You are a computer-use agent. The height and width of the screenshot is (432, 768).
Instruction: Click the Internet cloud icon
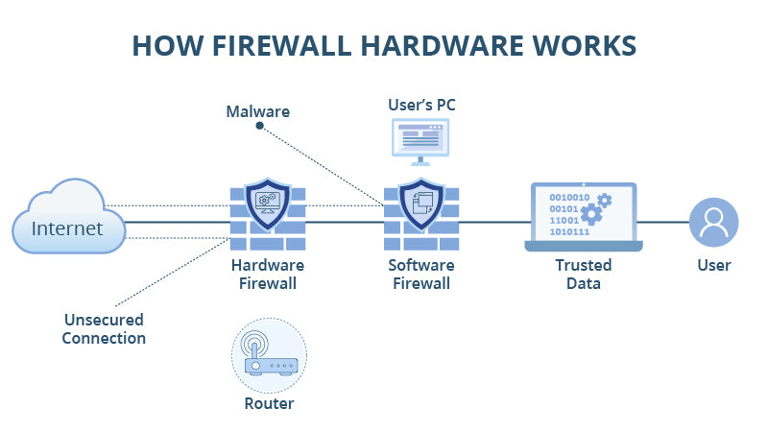(69, 221)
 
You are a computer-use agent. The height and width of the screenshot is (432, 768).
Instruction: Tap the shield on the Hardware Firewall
(268, 204)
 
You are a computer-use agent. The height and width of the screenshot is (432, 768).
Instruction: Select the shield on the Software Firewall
(420, 204)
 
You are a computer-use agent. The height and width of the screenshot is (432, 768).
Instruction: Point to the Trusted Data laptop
(583, 217)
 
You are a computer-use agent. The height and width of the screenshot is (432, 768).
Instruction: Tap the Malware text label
(257, 112)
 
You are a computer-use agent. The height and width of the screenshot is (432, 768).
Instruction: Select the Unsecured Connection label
(104, 328)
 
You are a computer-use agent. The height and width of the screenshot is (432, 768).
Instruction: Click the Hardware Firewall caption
(268, 274)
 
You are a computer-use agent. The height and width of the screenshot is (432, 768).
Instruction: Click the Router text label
(269, 404)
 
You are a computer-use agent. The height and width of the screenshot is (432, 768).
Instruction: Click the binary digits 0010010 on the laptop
(569, 196)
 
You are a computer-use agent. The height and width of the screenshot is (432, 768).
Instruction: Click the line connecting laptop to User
(665, 223)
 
